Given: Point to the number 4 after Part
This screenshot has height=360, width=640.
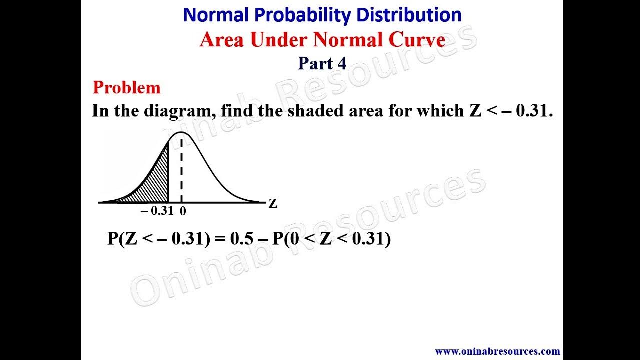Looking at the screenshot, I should [342, 63].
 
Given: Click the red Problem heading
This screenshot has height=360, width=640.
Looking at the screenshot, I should [126, 88].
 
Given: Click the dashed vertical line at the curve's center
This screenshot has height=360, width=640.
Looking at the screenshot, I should [181, 170].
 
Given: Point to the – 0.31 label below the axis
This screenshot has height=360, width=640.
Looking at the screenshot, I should [157, 211].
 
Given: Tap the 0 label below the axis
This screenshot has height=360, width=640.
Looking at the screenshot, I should [183, 211].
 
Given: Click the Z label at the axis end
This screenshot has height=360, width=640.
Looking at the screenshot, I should [273, 203].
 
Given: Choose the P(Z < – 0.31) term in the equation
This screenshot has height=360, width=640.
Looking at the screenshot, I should [159, 239].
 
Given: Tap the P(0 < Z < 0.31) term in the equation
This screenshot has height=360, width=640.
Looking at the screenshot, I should [331, 239].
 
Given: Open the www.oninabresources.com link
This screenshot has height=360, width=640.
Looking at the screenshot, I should [497, 351].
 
